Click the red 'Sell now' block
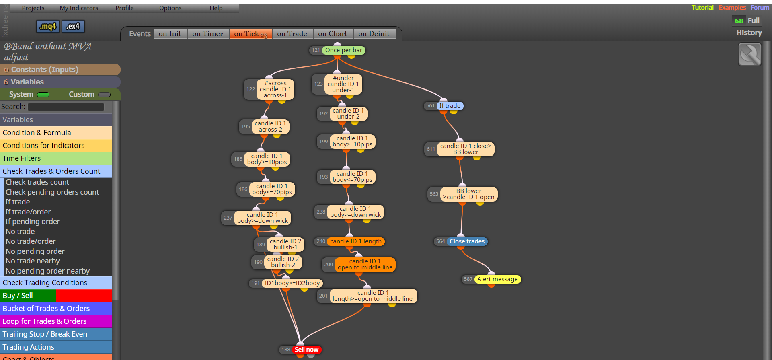pos(306,350)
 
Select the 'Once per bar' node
pos(343,50)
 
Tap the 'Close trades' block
pos(467,241)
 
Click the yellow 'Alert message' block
pos(497,279)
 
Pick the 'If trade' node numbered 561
pos(450,106)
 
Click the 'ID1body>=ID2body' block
pos(292,283)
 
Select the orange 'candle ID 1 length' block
pos(356,241)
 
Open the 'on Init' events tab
pos(170,34)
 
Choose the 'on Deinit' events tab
pos(374,34)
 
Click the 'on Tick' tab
pos(250,34)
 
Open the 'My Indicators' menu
pos(79,8)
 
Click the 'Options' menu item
pos(170,8)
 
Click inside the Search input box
pos(66,107)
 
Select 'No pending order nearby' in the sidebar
pos(47,271)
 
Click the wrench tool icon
pos(750,55)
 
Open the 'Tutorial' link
pos(702,8)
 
